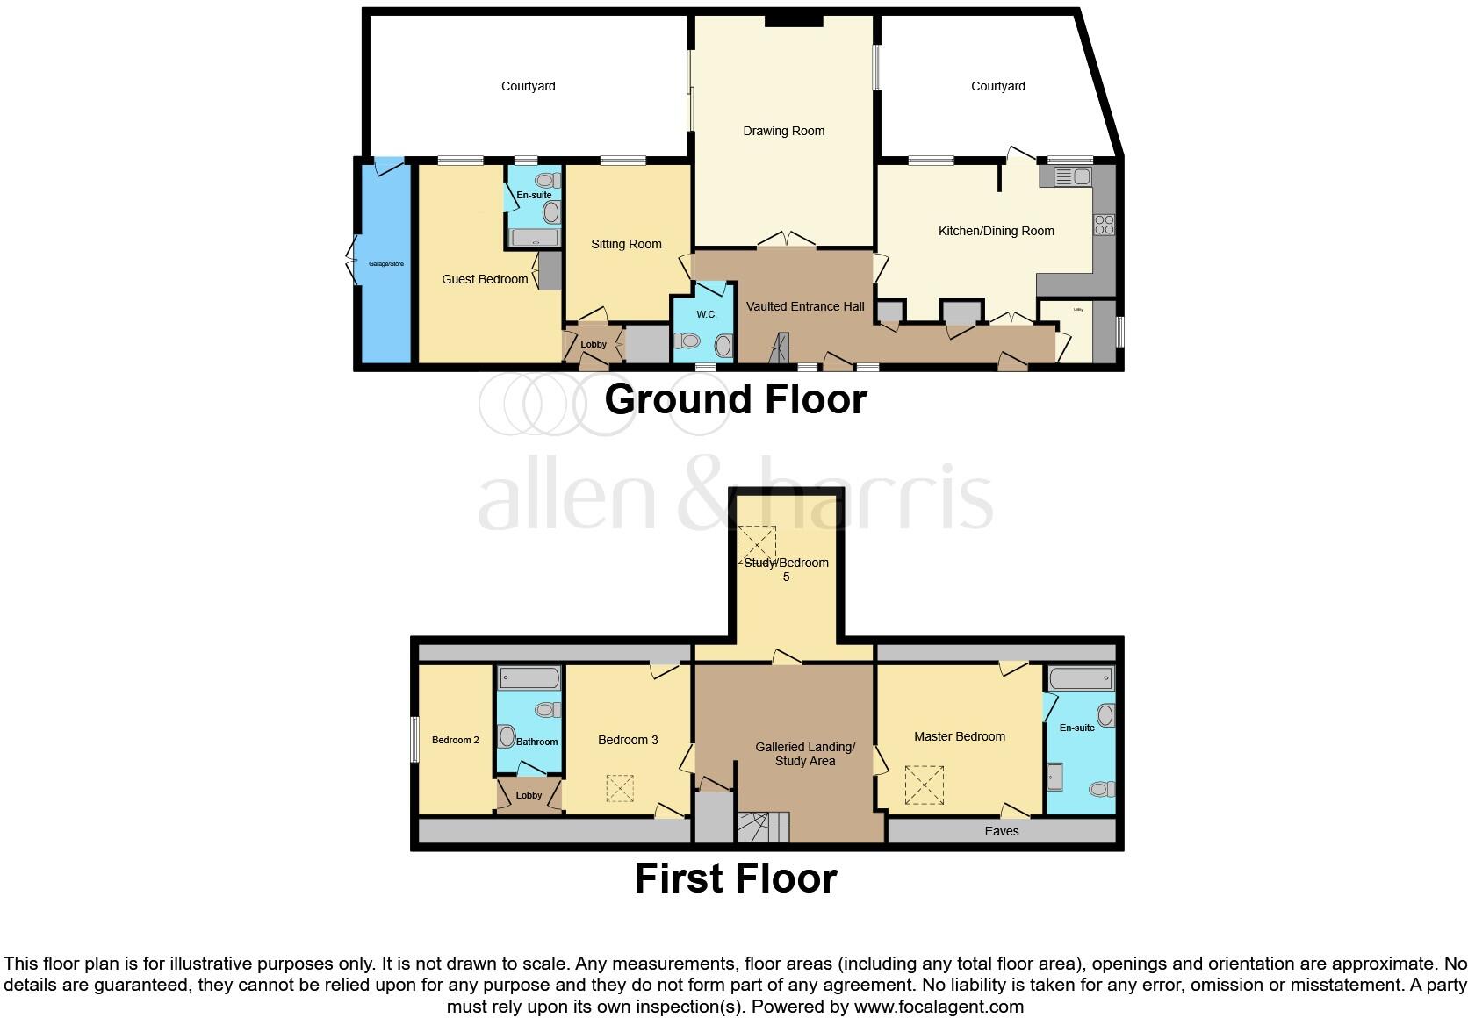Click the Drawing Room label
pyautogui.click(x=783, y=132)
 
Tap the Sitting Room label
pyautogui.click(x=626, y=245)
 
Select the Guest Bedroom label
pyautogui.click(x=485, y=280)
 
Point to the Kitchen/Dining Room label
pyautogui.click(x=996, y=232)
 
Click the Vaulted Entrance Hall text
pyautogui.click(x=805, y=307)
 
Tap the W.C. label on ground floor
pyautogui.click(x=707, y=315)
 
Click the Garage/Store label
pyautogui.click(x=385, y=264)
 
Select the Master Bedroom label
pyautogui.click(x=959, y=737)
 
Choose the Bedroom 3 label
pyautogui.click(x=628, y=741)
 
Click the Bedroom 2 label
pyautogui.click(x=455, y=741)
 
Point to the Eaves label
pyautogui.click(x=1002, y=832)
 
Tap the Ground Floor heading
pyautogui.click(x=735, y=400)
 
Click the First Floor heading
pyautogui.click(x=736, y=878)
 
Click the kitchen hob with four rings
pyautogui.click(x=1104, y=225)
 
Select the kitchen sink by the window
pyautogui.click(x=1071, y=177)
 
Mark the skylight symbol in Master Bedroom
pyautogui.click(x=924, y=785)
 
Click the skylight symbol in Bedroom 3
pyautogui.click(x=619, y=788)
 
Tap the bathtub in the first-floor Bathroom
pyautogui.click(x=529, y=678)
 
